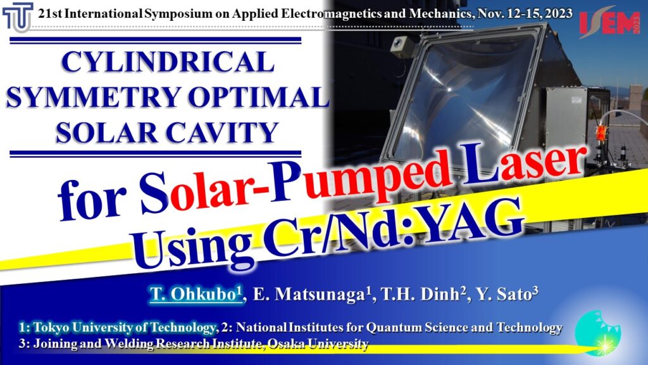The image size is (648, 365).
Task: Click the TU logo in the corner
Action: (18, 17)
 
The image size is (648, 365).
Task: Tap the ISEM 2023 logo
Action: (610, 22)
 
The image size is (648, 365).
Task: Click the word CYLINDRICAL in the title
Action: (168, 61)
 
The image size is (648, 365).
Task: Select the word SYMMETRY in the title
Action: (94, 97)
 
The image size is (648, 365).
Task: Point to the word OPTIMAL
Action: (258, 97)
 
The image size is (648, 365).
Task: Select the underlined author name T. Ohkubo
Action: (196, 294)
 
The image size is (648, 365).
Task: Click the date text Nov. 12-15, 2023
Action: (525, 14)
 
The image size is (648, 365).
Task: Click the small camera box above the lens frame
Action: (399, 47)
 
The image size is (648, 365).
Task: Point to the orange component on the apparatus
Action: (600, 133)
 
